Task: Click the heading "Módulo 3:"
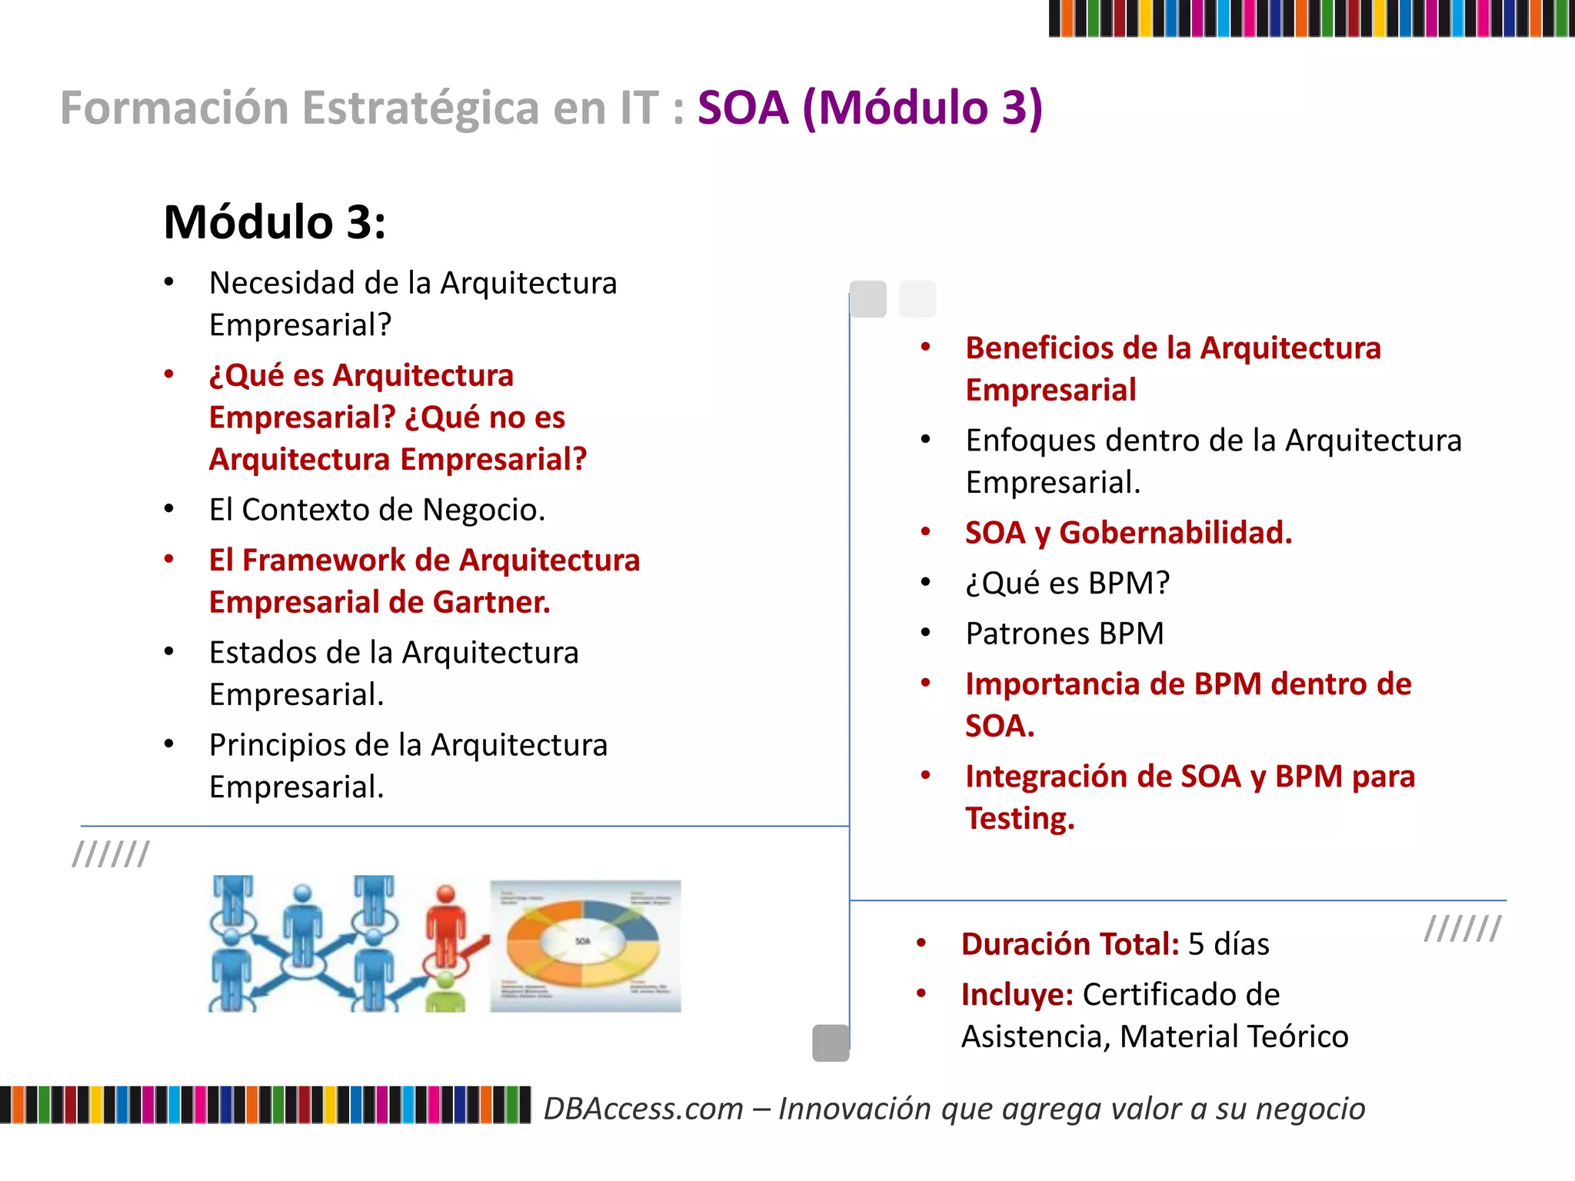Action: click(275, 223)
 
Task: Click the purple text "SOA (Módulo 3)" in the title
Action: click(870, 108)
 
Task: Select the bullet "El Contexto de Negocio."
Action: click(377, 510)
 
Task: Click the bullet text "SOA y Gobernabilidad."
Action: click(1128, 533)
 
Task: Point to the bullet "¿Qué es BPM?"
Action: click(1067, 583)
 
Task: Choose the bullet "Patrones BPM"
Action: click(1064, 634)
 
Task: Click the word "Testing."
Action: click(1020, 818)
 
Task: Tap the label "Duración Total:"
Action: click(1070, 944)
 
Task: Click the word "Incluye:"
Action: click(1017, 994)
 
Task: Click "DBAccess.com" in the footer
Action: click(644, 1109)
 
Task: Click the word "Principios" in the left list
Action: click(280, 745)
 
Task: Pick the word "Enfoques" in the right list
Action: click(1029, 441)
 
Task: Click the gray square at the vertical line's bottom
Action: click(831, 1043)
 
